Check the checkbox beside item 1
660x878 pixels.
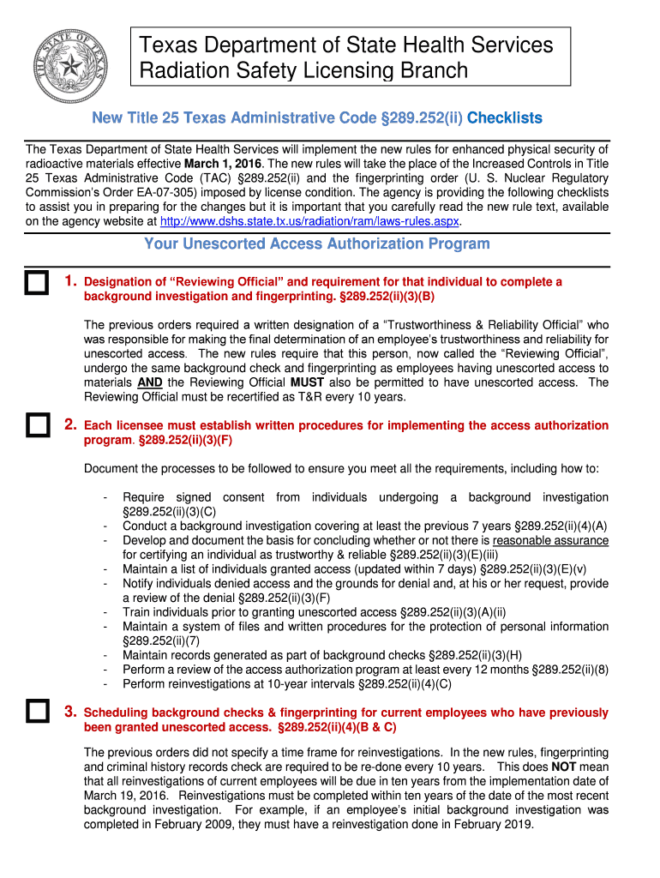(x=36, y=284)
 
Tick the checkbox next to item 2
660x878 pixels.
(x=36, y=426)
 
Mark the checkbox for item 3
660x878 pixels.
(x=36, y=712)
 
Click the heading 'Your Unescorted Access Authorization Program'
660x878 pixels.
(x=317, y=244)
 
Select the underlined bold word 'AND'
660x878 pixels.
(x=150, y=382)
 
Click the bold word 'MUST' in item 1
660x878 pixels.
(x=307, y=382)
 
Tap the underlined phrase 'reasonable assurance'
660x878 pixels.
(x=550, y=541)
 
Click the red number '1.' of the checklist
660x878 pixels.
(x=71, y=281)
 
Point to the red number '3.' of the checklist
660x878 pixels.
(x=71, y=712)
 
